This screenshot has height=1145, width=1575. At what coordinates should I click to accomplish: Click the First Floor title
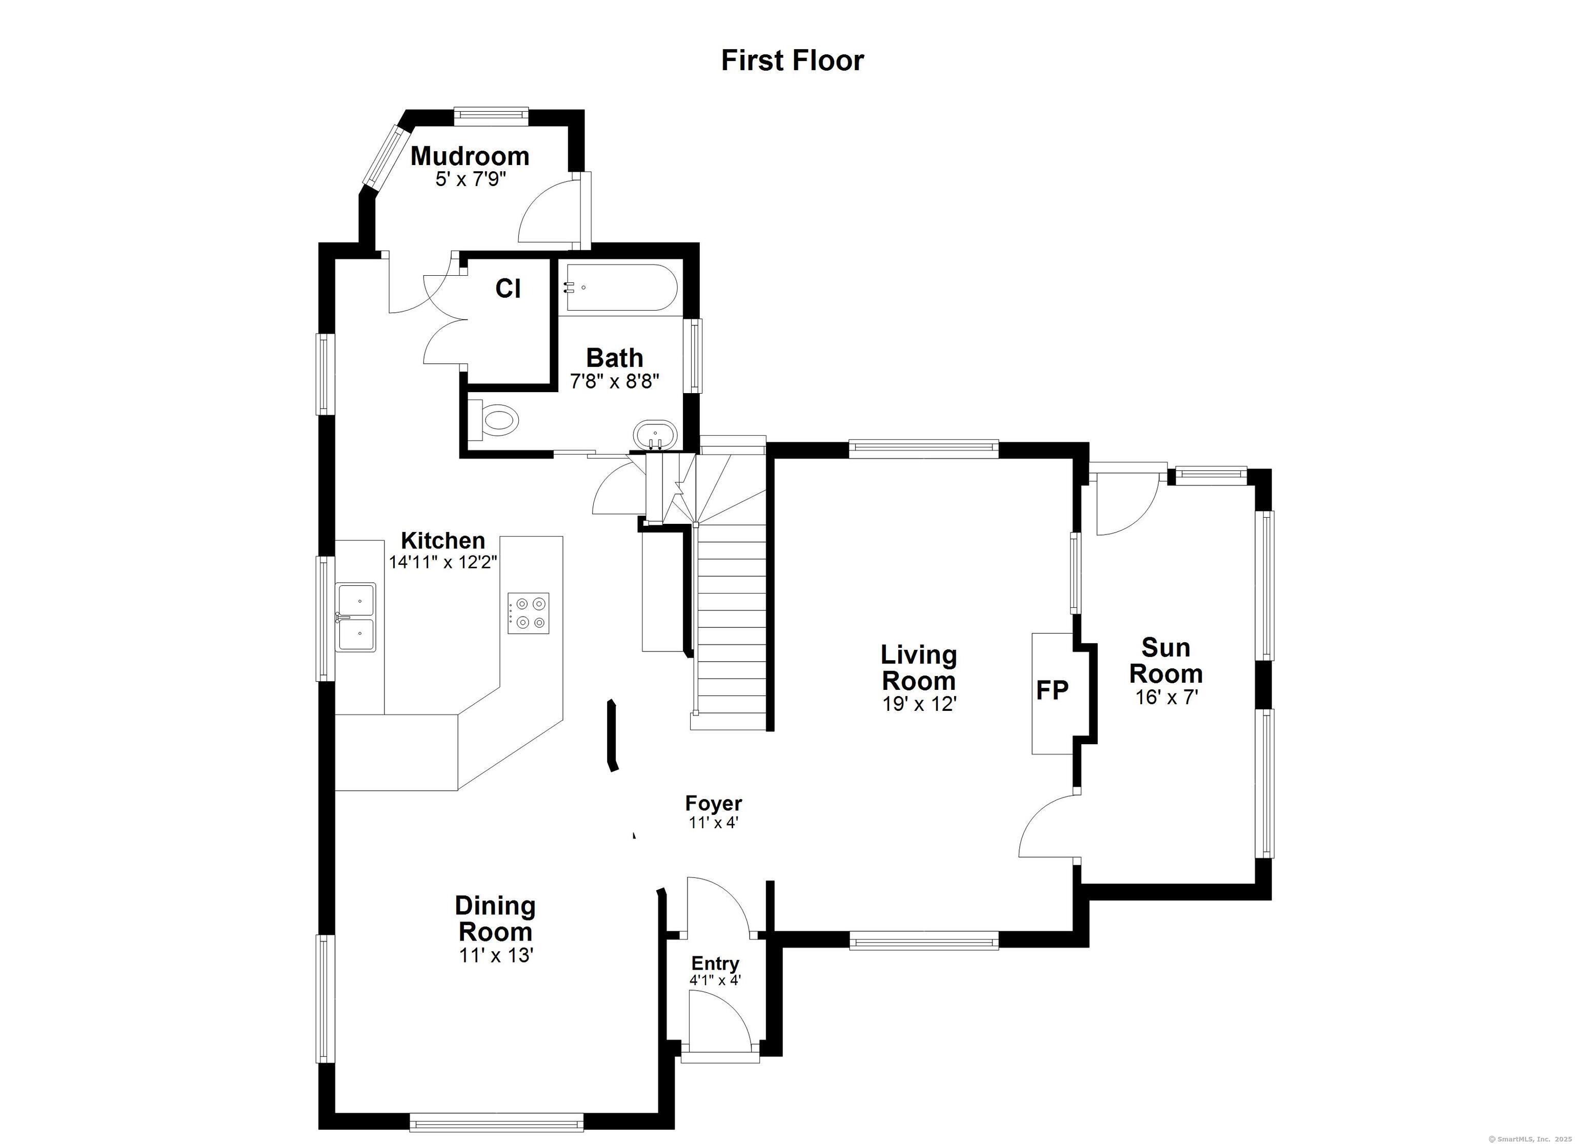(x=792, y=60)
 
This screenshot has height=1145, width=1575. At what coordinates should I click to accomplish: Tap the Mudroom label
(x=470, y=155)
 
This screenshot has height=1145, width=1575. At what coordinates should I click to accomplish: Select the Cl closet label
(x=508, y=288)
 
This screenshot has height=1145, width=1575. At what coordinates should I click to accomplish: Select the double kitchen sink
(x=356, y=617)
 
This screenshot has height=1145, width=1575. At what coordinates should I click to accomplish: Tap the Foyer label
(x=713, y=803)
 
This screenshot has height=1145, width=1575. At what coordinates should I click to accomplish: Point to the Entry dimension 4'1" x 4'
(x=715, y=980)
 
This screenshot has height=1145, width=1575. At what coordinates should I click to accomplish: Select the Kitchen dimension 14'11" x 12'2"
(x=443, y=562)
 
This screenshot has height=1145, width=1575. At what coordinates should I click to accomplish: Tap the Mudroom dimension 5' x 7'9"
(x=470, y=180)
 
